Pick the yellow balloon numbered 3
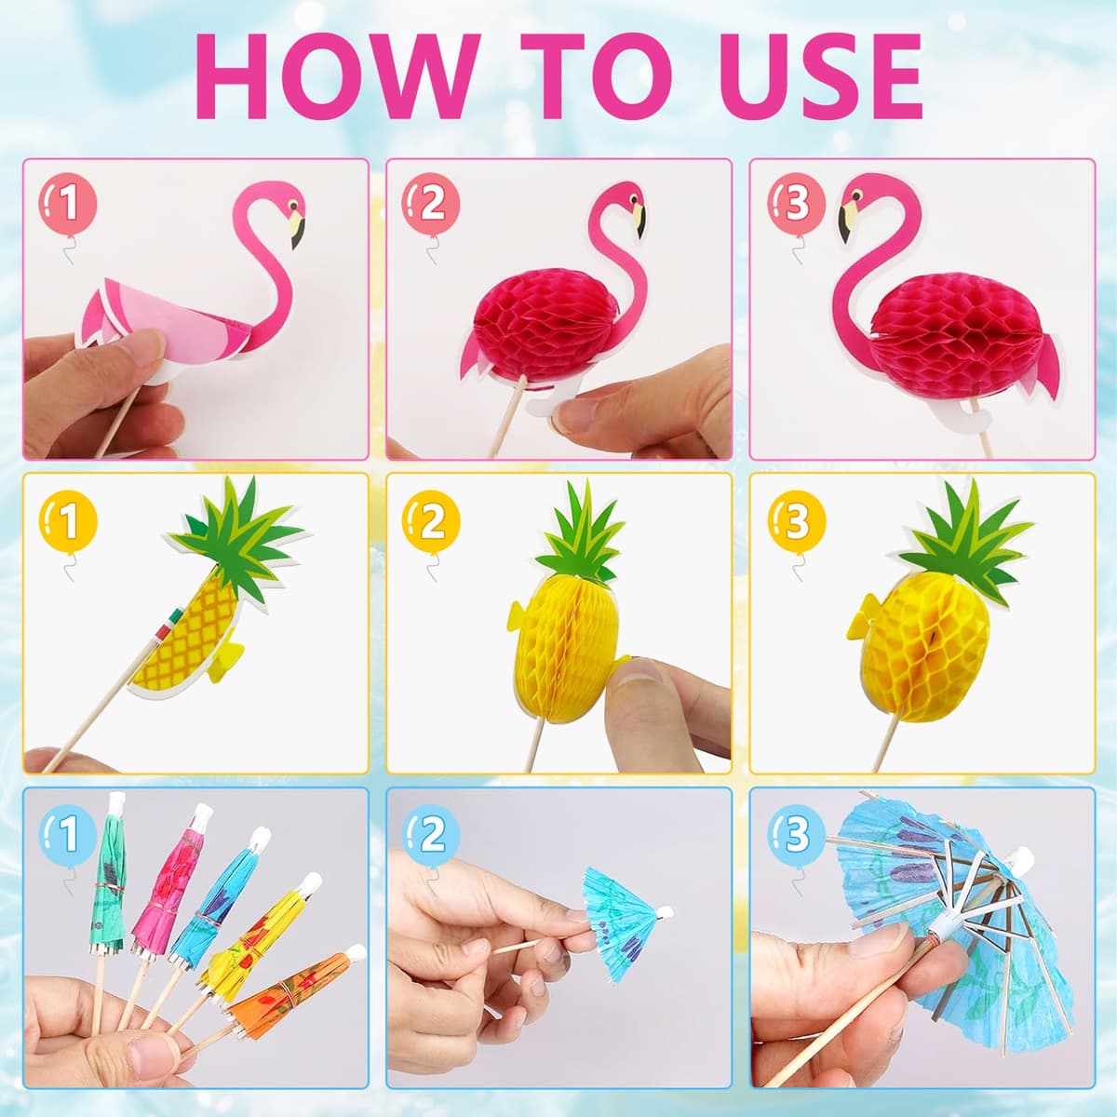797,521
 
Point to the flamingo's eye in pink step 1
293,207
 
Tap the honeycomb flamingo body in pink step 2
534,327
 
